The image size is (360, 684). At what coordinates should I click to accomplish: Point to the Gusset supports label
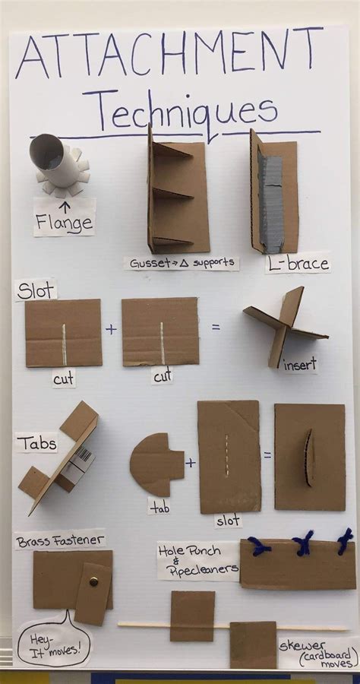coord(182,263)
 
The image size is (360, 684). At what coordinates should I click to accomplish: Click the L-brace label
coord(298,264)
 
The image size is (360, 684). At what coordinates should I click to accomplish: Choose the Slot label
coord(35,290)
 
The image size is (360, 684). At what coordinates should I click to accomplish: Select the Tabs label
coord(36,443)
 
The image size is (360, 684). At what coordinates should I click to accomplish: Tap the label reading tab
coord(159,505)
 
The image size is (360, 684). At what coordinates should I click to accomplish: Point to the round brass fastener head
coord(93,581)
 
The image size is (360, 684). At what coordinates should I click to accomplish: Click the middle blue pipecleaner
coord(304,543)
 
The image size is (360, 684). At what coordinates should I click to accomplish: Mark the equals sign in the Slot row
coord(216,328)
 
